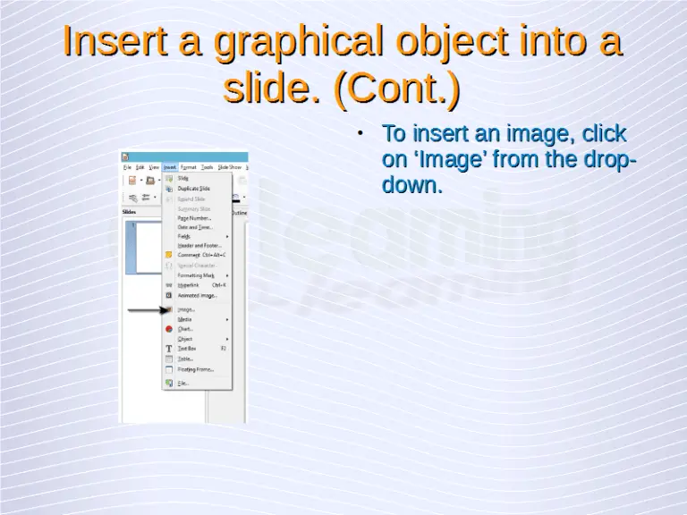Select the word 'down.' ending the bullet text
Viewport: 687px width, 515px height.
(412, 186)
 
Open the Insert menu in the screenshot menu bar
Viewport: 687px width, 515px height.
(170, 166)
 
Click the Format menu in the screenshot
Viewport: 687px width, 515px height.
(189, 166)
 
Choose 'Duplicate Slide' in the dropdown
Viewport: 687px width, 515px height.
(193, 189)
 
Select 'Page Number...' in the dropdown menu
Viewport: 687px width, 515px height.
(194, 217)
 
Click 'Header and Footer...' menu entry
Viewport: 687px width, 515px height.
(199, 245)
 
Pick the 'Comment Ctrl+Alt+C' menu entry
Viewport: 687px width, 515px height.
(200, 255)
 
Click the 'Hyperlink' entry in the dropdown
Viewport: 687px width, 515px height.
(189, 284)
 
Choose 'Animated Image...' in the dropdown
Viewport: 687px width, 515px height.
(196, 294)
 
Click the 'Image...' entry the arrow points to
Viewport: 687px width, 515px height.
(186, 309)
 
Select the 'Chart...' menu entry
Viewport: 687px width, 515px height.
(185, 329)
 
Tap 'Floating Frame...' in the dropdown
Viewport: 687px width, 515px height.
(195, 368)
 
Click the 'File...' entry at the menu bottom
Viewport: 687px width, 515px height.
(182, 383)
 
